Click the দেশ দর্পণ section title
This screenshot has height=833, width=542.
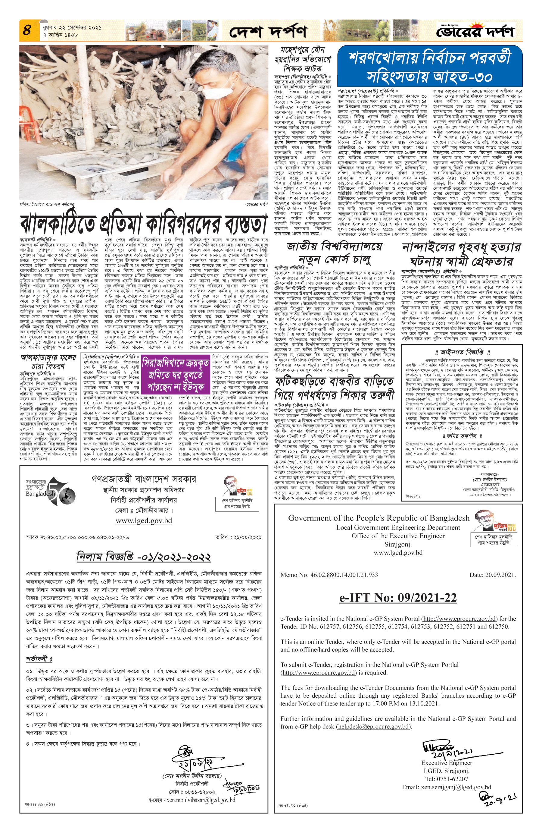[268, 32]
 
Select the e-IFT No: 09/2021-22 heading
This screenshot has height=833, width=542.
[398, 597]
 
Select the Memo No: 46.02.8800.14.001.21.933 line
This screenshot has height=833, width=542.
[329, 574]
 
